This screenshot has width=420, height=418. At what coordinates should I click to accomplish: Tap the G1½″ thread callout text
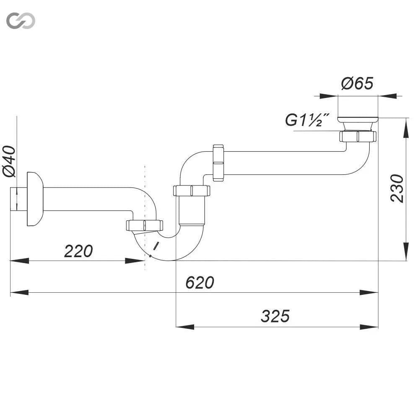tap(307, 120)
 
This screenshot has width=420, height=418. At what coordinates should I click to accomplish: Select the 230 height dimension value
tap(397, 188)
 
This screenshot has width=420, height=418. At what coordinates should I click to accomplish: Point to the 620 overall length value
tap(200, 283)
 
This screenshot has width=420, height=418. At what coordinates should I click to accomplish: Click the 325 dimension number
tap(275, 316)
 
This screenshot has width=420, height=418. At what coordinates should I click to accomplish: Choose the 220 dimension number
tap(78, 251)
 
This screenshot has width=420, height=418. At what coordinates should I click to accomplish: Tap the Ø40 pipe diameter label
tap(10, 161)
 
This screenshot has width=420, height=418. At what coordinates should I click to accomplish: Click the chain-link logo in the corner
tap(21, 21)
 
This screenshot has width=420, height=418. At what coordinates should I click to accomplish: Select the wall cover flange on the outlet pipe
tap(35, 199)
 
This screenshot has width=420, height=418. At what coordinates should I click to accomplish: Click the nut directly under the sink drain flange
tap(358, 136)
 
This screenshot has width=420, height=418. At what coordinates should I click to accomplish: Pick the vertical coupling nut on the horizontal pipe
tap(218, 163)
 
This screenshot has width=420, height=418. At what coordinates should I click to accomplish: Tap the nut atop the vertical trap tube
tap(192, 191)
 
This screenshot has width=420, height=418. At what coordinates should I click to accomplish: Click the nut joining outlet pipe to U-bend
tap(144, 225)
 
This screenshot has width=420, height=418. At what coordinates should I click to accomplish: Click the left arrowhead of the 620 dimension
tap(19, 292)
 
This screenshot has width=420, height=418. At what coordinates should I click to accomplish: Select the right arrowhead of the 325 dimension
tap(369, 327)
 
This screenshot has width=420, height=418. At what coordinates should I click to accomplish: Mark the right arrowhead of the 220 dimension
tap(135, 261)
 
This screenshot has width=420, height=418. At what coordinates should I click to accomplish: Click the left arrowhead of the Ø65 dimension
tap(329, 96)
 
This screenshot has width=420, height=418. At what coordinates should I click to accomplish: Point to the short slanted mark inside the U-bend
tap(156, 245)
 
